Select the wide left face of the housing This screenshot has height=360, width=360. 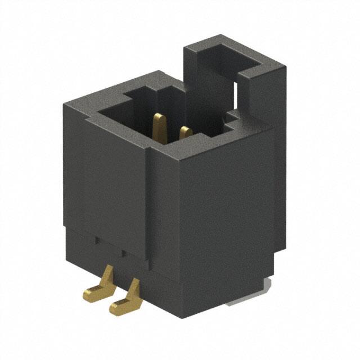[x=107, y=180]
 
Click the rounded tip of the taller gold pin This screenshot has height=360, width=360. [x=160, y=117]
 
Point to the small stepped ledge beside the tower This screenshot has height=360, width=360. [x=232, y=119]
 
